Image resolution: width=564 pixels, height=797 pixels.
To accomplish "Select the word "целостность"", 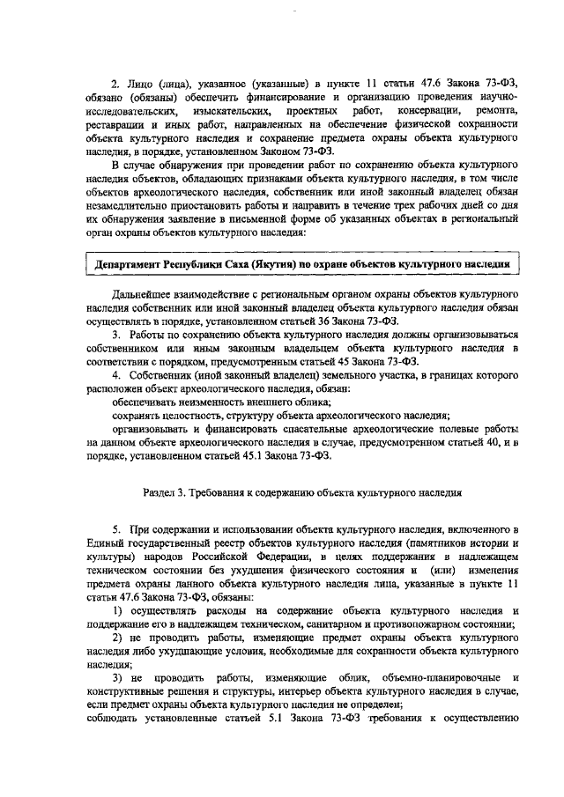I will tap(181, 416).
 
